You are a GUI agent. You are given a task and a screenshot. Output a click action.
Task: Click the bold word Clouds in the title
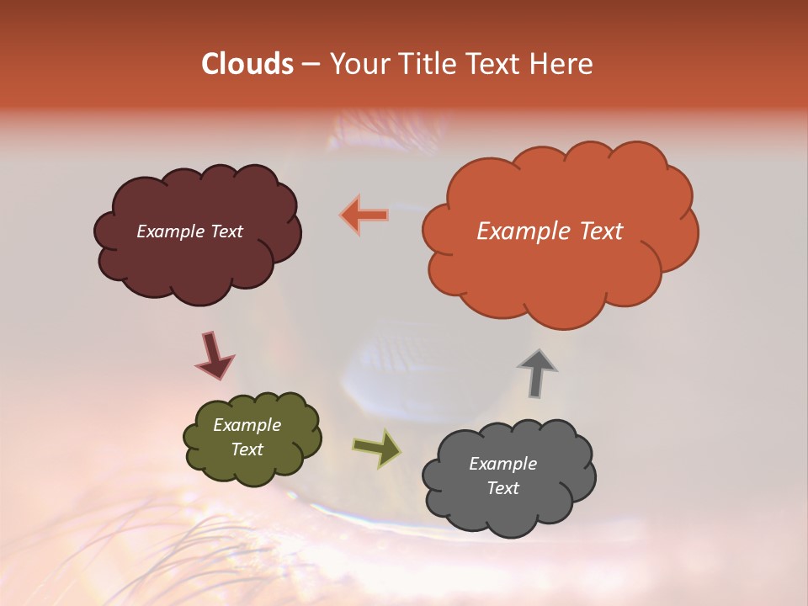click(x=247, y=64)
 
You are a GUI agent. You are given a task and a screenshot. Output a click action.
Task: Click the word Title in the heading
click(x=424, y=64)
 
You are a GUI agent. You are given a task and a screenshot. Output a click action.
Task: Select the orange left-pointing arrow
click(x=364, y=215)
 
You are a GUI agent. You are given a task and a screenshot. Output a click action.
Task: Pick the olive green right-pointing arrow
click(x=377, y=448)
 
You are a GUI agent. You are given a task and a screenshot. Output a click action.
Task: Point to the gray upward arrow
click(x=537, y=373)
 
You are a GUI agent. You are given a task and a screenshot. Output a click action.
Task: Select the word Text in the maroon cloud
click(x=226, y=231)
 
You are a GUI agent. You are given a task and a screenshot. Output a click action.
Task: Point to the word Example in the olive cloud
click(x=247, y=425)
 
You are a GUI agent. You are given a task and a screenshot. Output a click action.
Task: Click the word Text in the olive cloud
click(x=247, y=449)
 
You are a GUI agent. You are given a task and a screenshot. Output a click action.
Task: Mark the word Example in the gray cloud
click(x=502, y=464)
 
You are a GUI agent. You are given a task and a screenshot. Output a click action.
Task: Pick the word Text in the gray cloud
click(x=502, y=488)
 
